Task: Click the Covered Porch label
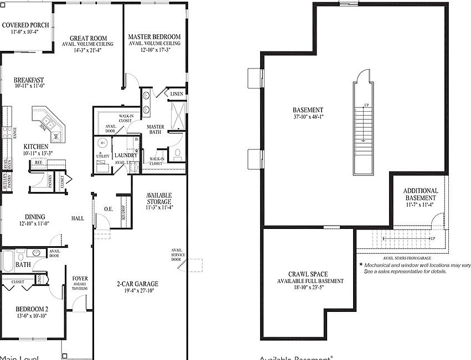click(x=25, y=25)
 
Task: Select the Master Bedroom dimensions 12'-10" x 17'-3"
click(x=154, y=50)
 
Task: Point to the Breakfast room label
click(x=29, y=80)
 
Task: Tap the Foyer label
click(x=80, y=279)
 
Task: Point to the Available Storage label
click(x=159, y=199)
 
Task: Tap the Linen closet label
click(x=177, y=94)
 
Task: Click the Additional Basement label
click(x=421, y=194)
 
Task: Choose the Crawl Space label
click(x=308, y=274)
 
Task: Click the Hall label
click(x=77, y=218)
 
